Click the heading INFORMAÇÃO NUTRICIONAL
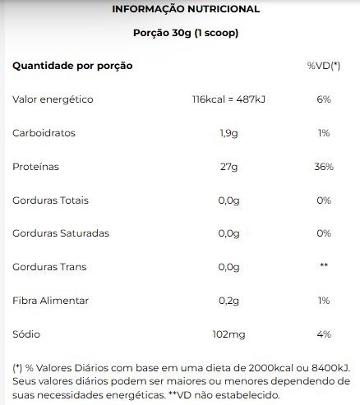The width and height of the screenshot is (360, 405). (x=186, y=9)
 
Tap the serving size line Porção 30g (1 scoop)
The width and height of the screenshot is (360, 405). (x=186, y=33)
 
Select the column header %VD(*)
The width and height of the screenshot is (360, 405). (x=324, y=66)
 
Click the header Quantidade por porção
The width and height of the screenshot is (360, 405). (x=72, y=66)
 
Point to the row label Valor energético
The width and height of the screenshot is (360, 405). (x=53, y=99)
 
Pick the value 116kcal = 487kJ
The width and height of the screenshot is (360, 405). (x=228, y=99)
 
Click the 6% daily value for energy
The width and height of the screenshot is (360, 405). (x=324, y=99)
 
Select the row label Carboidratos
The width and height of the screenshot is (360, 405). (x=44, y=133)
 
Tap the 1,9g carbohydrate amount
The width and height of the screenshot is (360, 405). (x=228, y=133)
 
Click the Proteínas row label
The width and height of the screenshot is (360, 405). (x=35, y=167)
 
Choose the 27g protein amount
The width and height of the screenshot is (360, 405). (x=228, y=167)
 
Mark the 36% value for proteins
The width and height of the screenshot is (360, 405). (x=324, y=167)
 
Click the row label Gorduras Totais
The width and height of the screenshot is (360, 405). (x=50, y=200)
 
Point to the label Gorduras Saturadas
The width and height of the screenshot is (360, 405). (x=61, y=233)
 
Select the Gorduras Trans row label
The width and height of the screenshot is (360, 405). (x=49, y=267)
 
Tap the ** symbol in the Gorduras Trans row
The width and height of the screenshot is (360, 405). (x=324, y=265)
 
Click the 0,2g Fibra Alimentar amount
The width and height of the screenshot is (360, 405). (x=228, y=301)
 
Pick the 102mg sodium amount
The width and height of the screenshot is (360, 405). (x=228, y=334)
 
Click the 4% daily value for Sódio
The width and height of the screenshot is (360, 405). (x=324, y=334)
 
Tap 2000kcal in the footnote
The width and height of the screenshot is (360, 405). (x=271, y=368)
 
